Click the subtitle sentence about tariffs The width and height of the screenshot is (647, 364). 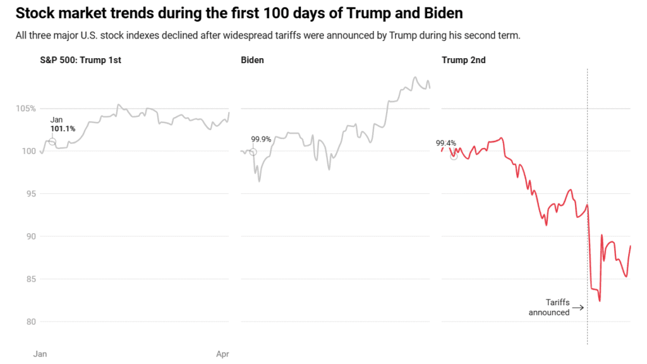pos(268,35)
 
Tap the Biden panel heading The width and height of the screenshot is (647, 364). pos(252,60)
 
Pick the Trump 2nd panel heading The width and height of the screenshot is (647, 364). pos(464,60)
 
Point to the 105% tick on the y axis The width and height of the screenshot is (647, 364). pos(25,109)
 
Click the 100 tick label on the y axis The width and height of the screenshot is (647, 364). pos(29,151)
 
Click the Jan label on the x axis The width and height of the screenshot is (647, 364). pos(40,355)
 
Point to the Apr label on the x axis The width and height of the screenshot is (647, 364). pos(222,355)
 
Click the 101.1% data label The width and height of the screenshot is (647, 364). pos(63,129)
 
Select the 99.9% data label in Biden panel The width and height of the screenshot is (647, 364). pos(261,140)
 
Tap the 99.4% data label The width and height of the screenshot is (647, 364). pos(446,143)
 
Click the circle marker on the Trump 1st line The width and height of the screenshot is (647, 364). pos(52,142)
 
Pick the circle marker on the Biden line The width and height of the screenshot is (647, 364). pos(253,152)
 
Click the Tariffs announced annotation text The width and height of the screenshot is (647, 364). pos(549,307)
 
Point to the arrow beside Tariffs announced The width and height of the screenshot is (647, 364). pos(578,307)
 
